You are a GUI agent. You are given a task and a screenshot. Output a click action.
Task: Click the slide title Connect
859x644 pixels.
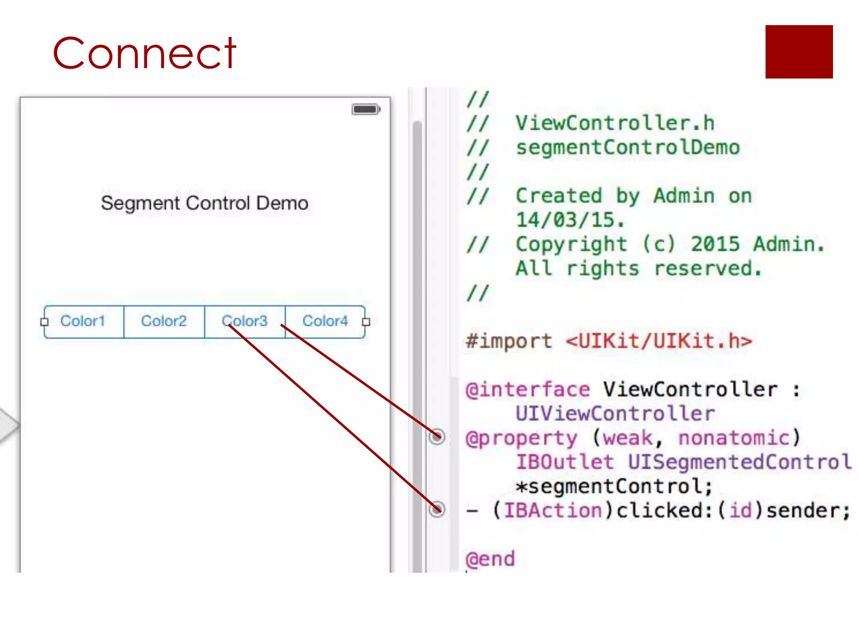coord(144,53)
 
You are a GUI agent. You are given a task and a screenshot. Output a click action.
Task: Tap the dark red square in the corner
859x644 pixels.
coord(799,52)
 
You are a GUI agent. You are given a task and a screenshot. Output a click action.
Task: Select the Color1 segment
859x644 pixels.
coord(83,321)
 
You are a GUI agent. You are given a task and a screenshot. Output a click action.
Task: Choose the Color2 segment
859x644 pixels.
coord(164,321)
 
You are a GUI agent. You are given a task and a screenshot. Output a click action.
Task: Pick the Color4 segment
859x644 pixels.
coord(325,321)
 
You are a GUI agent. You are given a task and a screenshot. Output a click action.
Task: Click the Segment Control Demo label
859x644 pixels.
coord(205,203)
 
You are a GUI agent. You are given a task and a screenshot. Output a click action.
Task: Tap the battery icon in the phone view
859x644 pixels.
coord(366,109)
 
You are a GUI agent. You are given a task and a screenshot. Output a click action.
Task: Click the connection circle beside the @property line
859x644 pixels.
coord(437,436)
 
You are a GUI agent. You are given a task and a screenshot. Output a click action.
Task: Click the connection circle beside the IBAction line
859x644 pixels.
coord(437,509)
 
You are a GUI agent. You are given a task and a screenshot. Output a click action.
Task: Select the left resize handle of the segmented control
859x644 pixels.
coord(44,322)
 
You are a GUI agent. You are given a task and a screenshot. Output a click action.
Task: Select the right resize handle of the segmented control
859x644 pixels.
coord(366,322)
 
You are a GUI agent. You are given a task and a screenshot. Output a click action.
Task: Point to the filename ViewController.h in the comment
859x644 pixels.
coord(615,123)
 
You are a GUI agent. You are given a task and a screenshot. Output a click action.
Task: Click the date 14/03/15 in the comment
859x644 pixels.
coord(570,220)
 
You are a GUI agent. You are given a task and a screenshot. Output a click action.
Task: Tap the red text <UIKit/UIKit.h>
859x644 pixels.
coord(659,341)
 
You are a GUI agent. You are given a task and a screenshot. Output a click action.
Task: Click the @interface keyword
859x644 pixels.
coord(528,390)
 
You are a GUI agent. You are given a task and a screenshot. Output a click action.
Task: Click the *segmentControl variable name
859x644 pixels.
coord(614,486)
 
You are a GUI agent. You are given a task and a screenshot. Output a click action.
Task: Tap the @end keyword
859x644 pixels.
coord(490,559)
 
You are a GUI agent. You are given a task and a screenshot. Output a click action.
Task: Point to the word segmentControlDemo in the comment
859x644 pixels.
coord(628,148)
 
